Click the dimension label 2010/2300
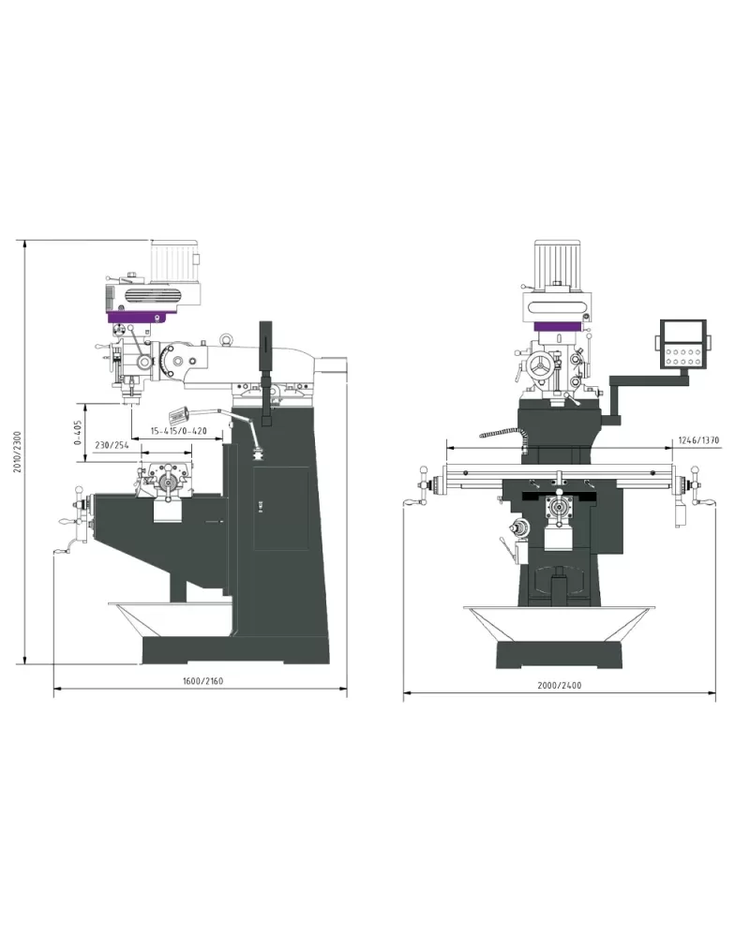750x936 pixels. coord(18,452)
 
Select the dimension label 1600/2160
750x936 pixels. coord(203,680)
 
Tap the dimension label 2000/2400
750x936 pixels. coord(559,685)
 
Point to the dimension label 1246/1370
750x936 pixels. coord(698,440)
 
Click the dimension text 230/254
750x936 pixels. coord(112,445)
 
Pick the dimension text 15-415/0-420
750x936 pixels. coord(178,431)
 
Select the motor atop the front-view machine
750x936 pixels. coord(557,260)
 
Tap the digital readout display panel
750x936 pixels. coord(683,344)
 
